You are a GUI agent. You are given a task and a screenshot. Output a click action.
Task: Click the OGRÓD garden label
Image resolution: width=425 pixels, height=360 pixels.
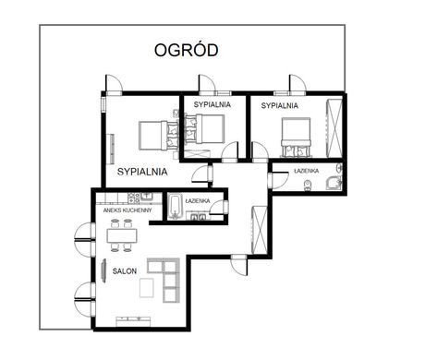[187, 50]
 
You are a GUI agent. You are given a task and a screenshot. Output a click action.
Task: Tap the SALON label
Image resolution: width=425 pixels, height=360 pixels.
[125, 271]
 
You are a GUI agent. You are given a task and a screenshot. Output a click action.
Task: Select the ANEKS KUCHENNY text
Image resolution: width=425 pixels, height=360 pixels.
[127, 210]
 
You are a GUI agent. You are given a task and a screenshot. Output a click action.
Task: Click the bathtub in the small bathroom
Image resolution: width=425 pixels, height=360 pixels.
[175, 207]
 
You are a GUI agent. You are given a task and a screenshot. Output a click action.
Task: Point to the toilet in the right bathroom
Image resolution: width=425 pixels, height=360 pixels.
[308, 186]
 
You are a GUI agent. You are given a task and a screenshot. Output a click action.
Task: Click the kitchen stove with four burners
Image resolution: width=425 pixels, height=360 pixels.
[134, 198]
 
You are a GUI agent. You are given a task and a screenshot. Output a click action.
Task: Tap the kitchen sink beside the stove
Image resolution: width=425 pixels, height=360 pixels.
[147, 196]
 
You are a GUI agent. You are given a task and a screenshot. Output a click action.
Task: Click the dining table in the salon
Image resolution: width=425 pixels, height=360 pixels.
[122, 235]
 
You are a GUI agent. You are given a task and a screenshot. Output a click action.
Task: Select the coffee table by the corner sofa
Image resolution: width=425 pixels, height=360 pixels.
[146, 288]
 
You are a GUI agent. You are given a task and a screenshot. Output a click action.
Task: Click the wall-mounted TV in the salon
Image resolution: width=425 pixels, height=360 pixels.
[103, 270]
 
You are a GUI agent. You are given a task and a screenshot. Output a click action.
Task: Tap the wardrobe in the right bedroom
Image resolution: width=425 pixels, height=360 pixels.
[334, 128]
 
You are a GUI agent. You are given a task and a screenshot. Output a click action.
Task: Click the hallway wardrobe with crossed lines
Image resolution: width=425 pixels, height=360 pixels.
[259, 230]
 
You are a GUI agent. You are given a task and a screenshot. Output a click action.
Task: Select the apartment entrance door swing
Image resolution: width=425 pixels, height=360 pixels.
[239, 265]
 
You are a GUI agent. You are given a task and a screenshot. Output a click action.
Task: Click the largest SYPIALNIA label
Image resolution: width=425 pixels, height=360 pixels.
[142, 172]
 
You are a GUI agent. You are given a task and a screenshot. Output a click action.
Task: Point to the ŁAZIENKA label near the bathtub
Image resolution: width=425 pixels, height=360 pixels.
[198, 201]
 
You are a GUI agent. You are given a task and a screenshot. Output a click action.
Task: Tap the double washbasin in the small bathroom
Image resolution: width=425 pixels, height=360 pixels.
[198, 217]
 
